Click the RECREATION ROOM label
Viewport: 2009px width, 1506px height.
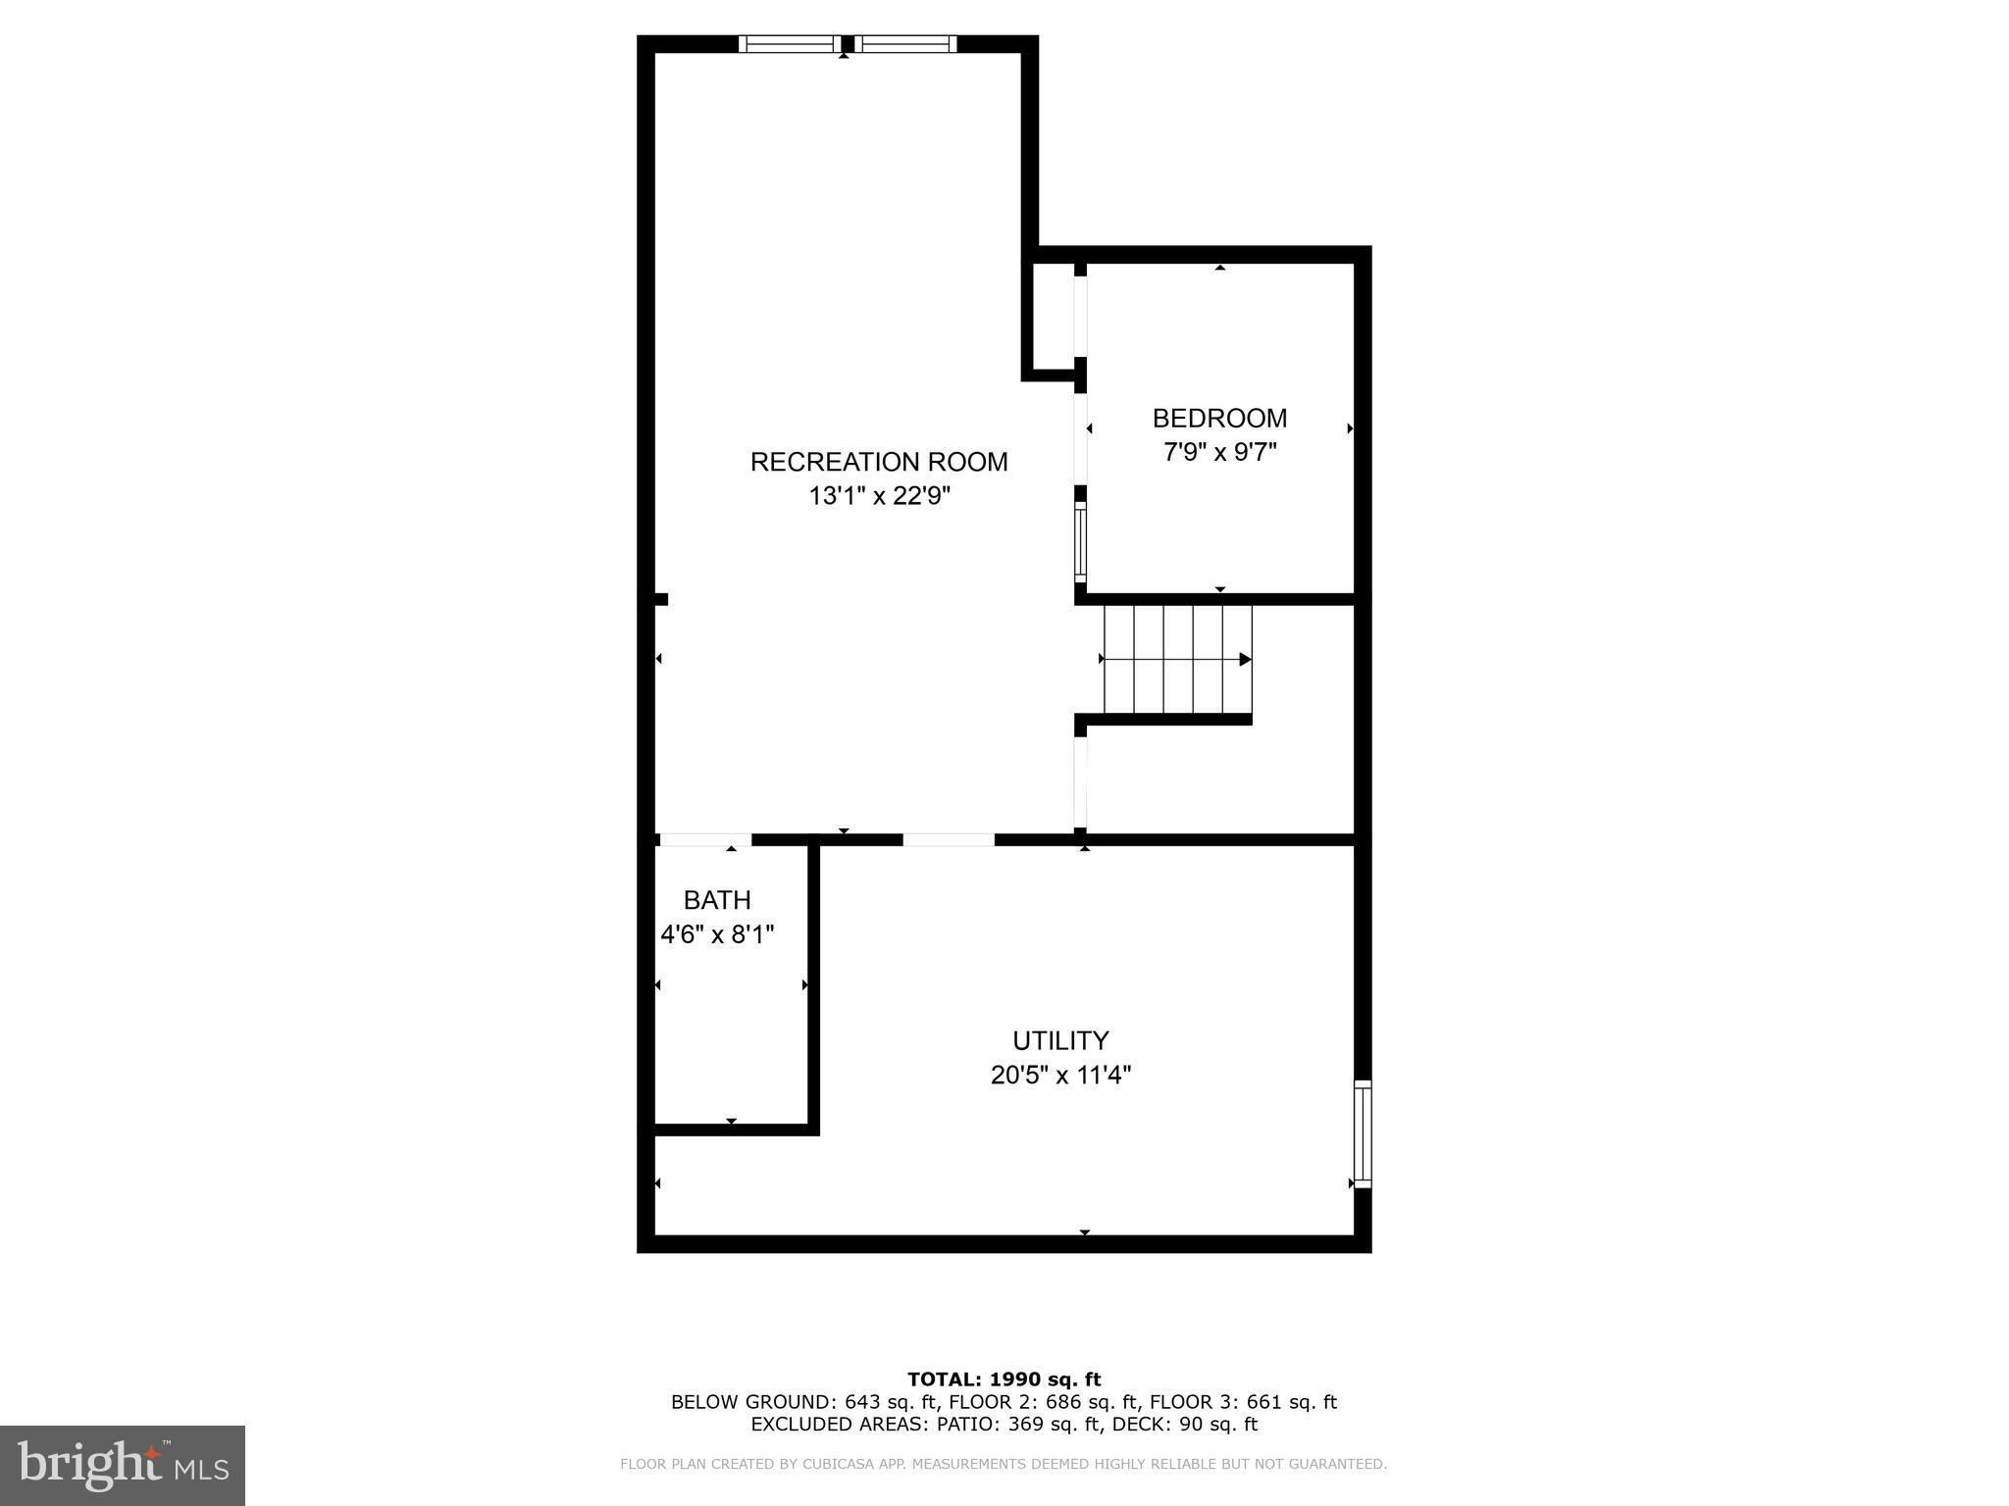tap(879, 462)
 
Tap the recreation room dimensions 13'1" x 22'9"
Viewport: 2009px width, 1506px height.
tap(879, 496)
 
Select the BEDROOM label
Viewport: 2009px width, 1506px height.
tap(1219, 419)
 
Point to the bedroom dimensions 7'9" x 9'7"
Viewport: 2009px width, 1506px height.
tap(1219, 453)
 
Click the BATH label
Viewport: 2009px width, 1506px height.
tap(717, 900)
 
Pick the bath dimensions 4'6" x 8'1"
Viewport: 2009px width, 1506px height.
tap(717, 934)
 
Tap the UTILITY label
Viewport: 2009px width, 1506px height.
tap(1060, 1040)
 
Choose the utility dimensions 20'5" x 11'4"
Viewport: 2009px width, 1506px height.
tap(1060, 1076)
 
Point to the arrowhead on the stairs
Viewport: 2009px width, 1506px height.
tap(1245, 660)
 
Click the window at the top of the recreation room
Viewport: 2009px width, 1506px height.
tap(848, 43)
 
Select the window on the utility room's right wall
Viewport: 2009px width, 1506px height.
tap(1363, 1134)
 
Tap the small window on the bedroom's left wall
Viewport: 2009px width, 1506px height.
tap(1081, 542)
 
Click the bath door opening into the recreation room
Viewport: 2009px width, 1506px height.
tap(704, 840)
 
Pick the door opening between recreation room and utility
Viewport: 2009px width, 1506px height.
tap(949, 840)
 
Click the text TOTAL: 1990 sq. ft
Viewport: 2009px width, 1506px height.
tap(1004, 1380)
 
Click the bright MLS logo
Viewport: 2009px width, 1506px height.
tap(123, 1465)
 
